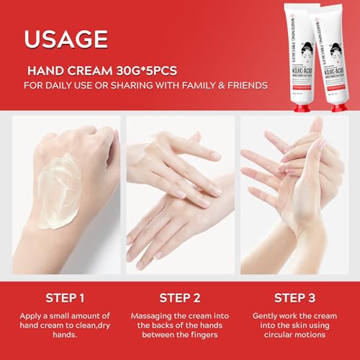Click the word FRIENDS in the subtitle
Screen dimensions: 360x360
click(x=247, y=86)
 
